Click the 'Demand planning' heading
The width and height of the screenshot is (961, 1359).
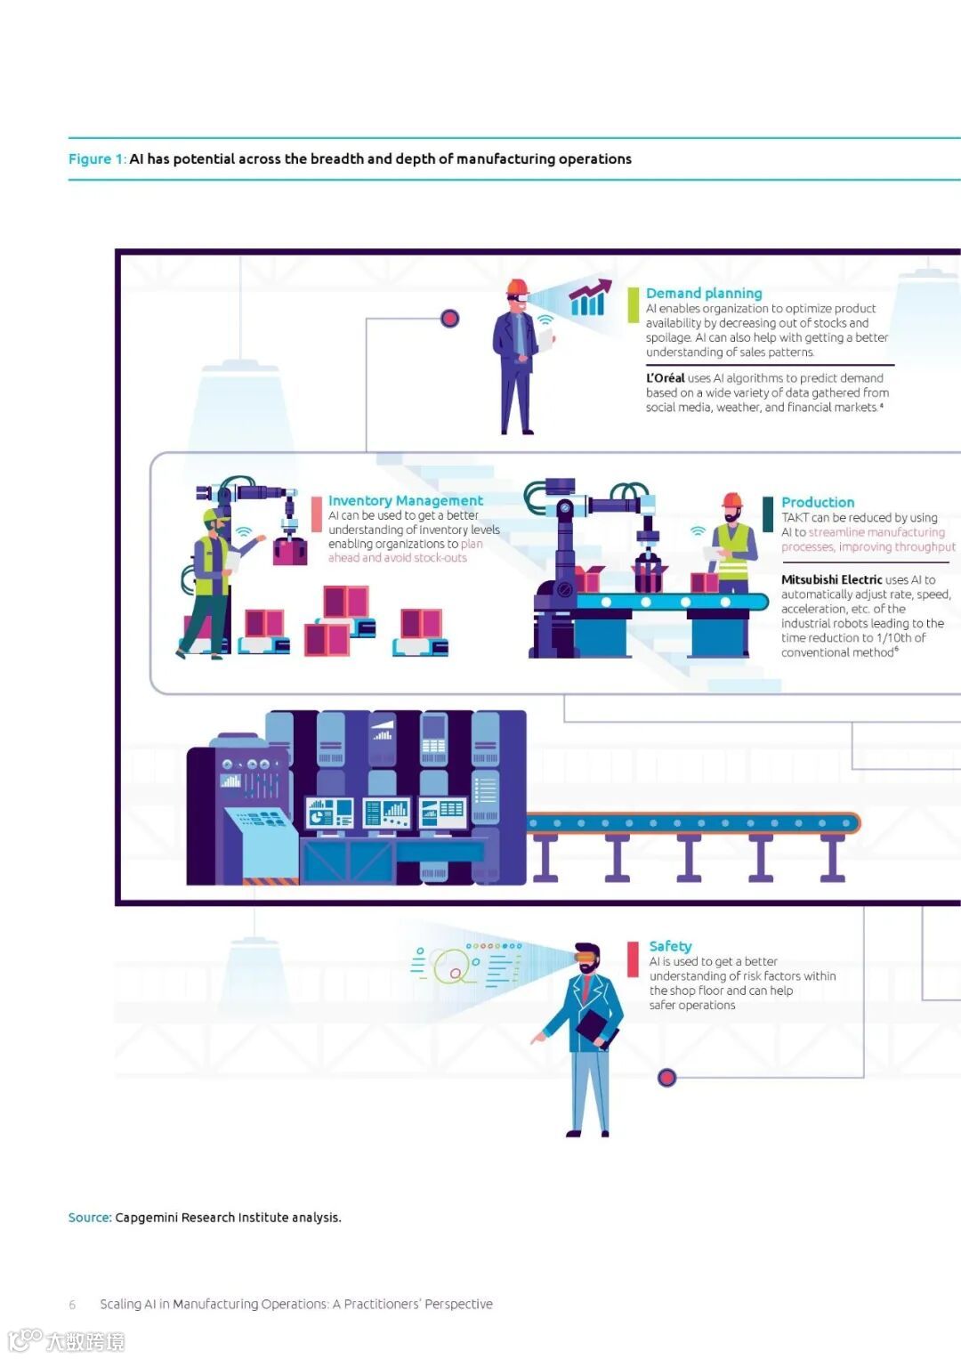[x=703, y=293]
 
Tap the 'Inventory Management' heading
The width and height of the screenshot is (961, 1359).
[x=405, y=500]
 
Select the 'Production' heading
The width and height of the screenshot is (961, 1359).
[x=817, y=502]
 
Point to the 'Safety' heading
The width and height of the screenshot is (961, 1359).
[x=670, y=946]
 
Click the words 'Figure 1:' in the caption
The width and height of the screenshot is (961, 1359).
[x=97, y=159]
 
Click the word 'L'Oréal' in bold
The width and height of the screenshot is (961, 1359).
[x=665, y=378]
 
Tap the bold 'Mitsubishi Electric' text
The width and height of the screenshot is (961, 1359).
[x=831, y=579]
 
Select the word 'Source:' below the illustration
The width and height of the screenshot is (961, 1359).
[x=90, y=1217]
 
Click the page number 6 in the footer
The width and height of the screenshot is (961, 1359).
[x=72, y=1305]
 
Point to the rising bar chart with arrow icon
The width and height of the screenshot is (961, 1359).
[x=590, y=298]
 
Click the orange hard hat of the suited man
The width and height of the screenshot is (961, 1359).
[x=517, y=287]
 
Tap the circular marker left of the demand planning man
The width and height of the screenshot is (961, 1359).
[x=450, y=319]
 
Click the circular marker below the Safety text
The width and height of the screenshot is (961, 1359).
[x=666, y=1078]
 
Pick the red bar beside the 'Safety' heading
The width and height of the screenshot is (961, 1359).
[x=633, y=959]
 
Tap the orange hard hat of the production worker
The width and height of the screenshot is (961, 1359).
[x=732, y=500]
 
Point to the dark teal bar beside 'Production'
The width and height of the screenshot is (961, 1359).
[x=768, y=514]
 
